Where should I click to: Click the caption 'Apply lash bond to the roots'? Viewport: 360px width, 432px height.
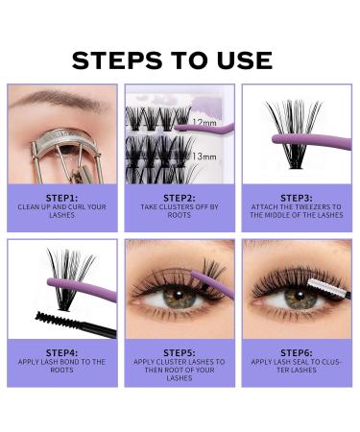61,365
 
